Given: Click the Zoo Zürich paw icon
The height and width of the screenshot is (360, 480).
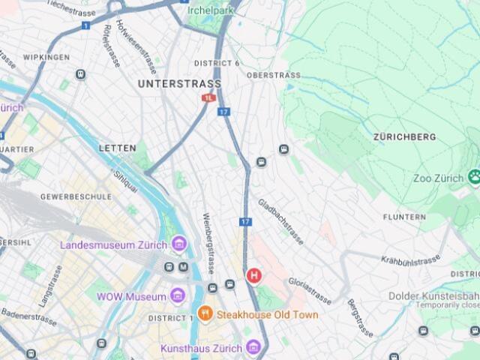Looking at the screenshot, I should pos(474,178).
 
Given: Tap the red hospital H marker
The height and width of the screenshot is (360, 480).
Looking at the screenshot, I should pos(254,276).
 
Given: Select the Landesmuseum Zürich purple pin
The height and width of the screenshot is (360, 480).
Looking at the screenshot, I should pos(179,244).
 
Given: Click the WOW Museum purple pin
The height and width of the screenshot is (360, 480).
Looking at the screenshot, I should pos(178,296).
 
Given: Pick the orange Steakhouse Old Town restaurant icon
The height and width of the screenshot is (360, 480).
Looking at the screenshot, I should pos(204,314).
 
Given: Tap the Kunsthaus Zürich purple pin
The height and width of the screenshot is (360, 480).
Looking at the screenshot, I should pos(253,347).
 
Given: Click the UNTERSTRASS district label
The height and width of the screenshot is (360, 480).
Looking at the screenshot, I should pos(179,84).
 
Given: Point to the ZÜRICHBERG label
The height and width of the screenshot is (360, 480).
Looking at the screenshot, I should pos(404,137).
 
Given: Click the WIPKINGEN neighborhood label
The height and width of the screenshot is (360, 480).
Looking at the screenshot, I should pos(46,57).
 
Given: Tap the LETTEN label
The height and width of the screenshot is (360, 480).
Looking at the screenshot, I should pos(118,148).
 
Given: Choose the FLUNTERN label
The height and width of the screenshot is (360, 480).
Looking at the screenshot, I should pos(404,217).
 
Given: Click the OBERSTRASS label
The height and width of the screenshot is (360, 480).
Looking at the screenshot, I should pos(273,75).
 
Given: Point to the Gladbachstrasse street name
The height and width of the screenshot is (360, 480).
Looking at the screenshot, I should pos(281,222).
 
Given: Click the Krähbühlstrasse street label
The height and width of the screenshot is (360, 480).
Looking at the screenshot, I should pos(410,260).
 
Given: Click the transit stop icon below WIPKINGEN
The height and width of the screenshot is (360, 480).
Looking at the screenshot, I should pos(80,74).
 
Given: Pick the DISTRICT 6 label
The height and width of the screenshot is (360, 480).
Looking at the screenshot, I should pos(217,63).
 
